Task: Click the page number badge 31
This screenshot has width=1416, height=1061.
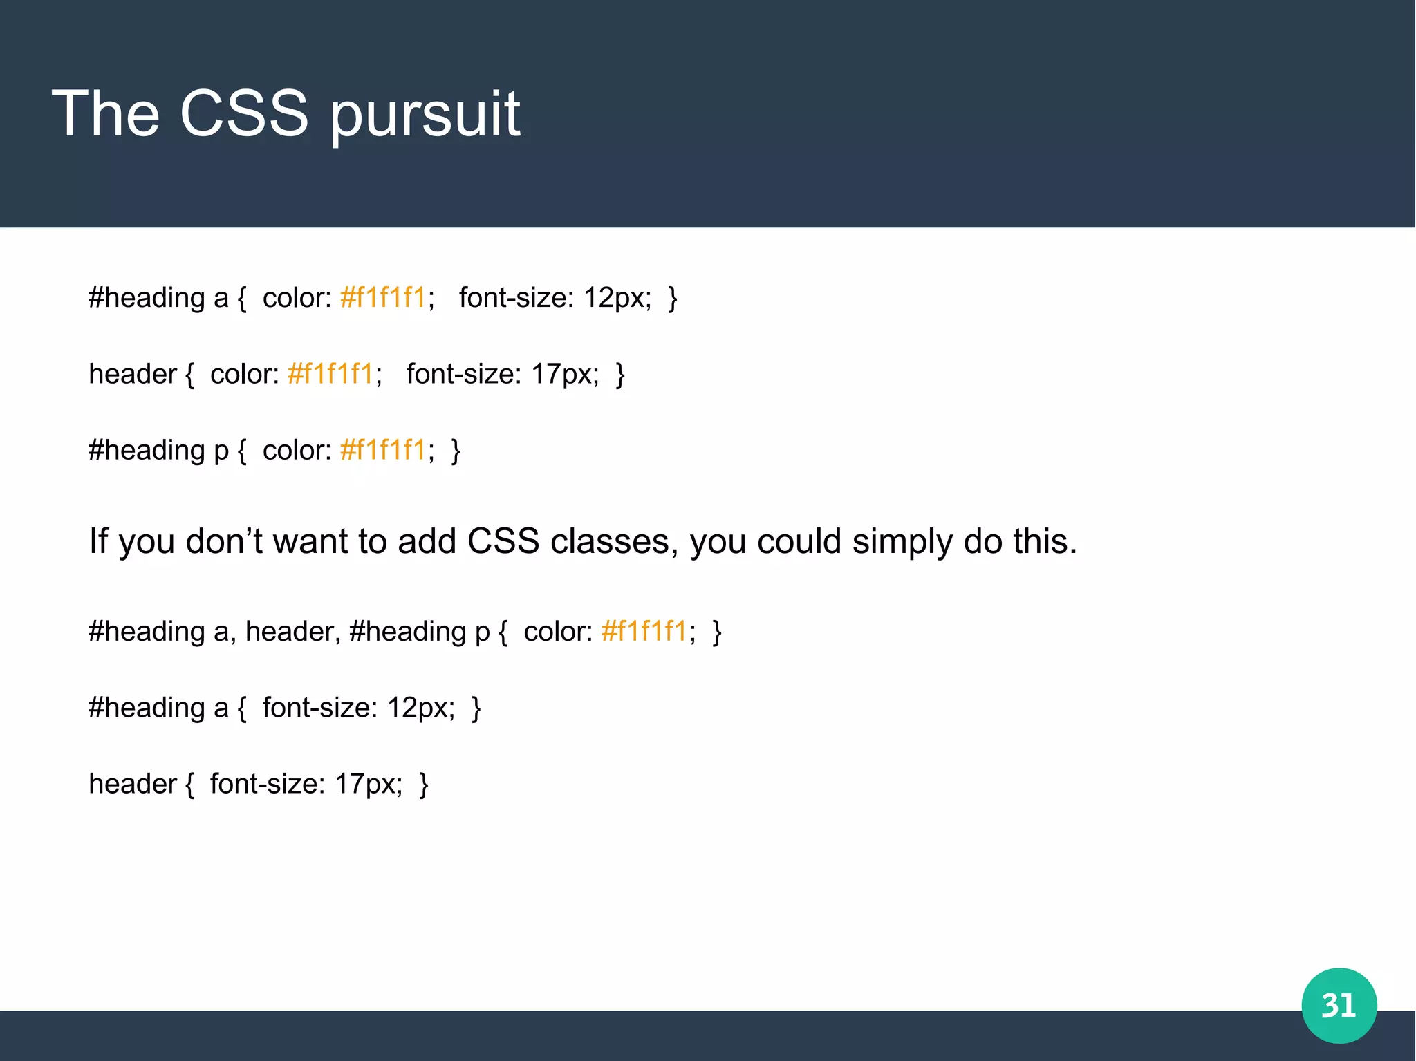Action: [x=1339, y=1005]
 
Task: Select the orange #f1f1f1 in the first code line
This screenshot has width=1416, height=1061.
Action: [x=383, y=298]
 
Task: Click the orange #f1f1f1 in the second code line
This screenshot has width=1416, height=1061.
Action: [x=330, y=374]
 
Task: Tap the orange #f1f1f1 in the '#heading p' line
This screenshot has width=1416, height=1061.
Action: [x=383, y=450]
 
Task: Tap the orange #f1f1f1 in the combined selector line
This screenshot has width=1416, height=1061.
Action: [x=644, y=632]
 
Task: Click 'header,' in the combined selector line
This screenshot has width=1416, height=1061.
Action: [x=293, y=632]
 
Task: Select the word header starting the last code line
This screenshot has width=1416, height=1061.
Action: [x=133, y=784]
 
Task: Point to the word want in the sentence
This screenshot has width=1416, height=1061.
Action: [x=310, y=541]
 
